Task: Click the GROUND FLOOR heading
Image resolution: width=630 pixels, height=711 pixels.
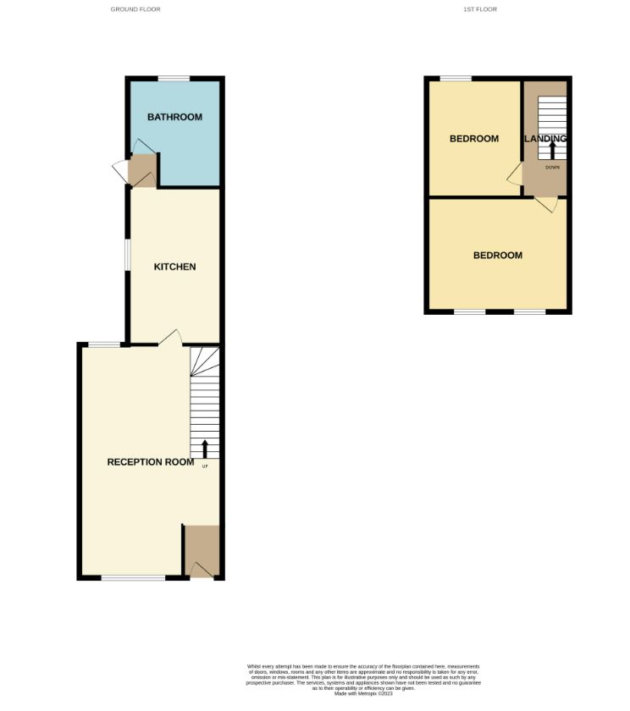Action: point(135,9)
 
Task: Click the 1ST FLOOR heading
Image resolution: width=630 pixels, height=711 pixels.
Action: point(479,9)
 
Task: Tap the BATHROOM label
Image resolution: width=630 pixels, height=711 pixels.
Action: point(174,117)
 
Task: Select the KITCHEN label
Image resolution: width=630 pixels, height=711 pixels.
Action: point(174,267)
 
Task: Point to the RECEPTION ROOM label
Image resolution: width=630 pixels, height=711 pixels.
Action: point(151,462)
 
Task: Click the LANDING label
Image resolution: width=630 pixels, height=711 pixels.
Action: point(546,139)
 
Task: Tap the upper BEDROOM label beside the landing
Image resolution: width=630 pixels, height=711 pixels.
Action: point(474,139)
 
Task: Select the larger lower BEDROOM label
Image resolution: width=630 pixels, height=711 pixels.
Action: point(498,256)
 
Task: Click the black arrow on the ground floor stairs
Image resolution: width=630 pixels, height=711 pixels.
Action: point(204,449)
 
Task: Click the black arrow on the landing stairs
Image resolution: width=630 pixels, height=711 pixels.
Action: point(552,150)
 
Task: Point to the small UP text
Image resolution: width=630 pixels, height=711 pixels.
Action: point(205,466)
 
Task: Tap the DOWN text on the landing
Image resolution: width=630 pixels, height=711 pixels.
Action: point(552,167)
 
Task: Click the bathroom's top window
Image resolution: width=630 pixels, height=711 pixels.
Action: point(174,79)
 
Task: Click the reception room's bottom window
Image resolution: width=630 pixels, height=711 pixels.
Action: point(134,578)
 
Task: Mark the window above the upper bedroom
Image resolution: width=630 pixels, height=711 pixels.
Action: point(456,79)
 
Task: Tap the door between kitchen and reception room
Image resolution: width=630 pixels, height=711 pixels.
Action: point(169,338)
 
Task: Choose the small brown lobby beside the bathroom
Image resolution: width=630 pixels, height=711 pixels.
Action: point(142,171)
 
